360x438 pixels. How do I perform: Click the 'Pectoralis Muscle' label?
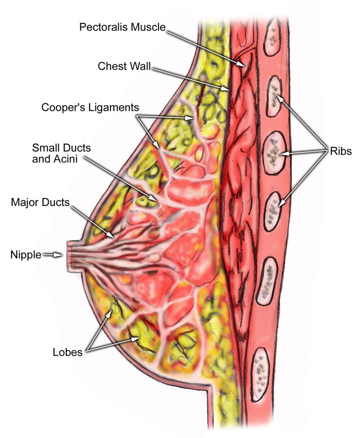pos(122,27)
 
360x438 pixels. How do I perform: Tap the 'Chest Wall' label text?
pos(124,66)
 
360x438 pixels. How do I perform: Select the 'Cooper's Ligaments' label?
pos(90,108)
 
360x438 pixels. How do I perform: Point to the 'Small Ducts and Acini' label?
pos(61,153)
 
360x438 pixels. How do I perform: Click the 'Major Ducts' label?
pos(40,202)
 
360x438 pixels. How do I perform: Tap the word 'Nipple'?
pos(26,255)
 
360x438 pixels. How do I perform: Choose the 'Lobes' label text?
pos(68,352)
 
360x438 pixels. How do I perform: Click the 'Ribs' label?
pos(341,151)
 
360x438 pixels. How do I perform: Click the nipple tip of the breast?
pos(69,255)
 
